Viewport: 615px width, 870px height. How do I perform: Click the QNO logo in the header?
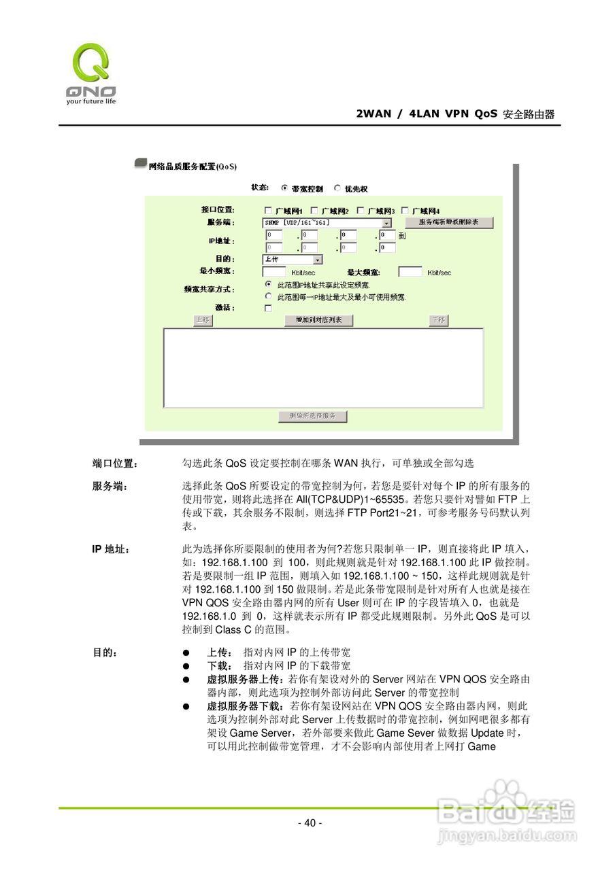[x=91, y=73]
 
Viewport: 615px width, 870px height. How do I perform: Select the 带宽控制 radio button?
[x=284, y=188]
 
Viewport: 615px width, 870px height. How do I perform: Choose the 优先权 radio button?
[x=337, y=188]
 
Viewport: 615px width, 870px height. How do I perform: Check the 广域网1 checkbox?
[x=268, y=210]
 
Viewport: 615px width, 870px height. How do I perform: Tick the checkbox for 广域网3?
[x=361, y=210]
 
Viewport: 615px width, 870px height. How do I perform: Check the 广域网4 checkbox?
[x=405, y=210]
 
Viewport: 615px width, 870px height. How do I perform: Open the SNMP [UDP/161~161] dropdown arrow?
[x=386, y=223]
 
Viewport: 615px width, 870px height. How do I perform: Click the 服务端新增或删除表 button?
[x=448, y=223]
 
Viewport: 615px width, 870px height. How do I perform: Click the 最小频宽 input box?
[x=273, y=272]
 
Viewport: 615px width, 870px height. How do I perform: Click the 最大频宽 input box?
[x=410, y=272]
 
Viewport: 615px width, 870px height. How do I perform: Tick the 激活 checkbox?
[x=268, y=308]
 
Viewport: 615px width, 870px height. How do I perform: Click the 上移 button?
[x=201, y=320]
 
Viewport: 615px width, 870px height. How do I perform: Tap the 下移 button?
[x=439, y=320]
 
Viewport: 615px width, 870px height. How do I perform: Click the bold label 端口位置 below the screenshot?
[x=114, y=464]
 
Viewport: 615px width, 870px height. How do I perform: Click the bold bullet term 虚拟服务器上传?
[x=246, y=679]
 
